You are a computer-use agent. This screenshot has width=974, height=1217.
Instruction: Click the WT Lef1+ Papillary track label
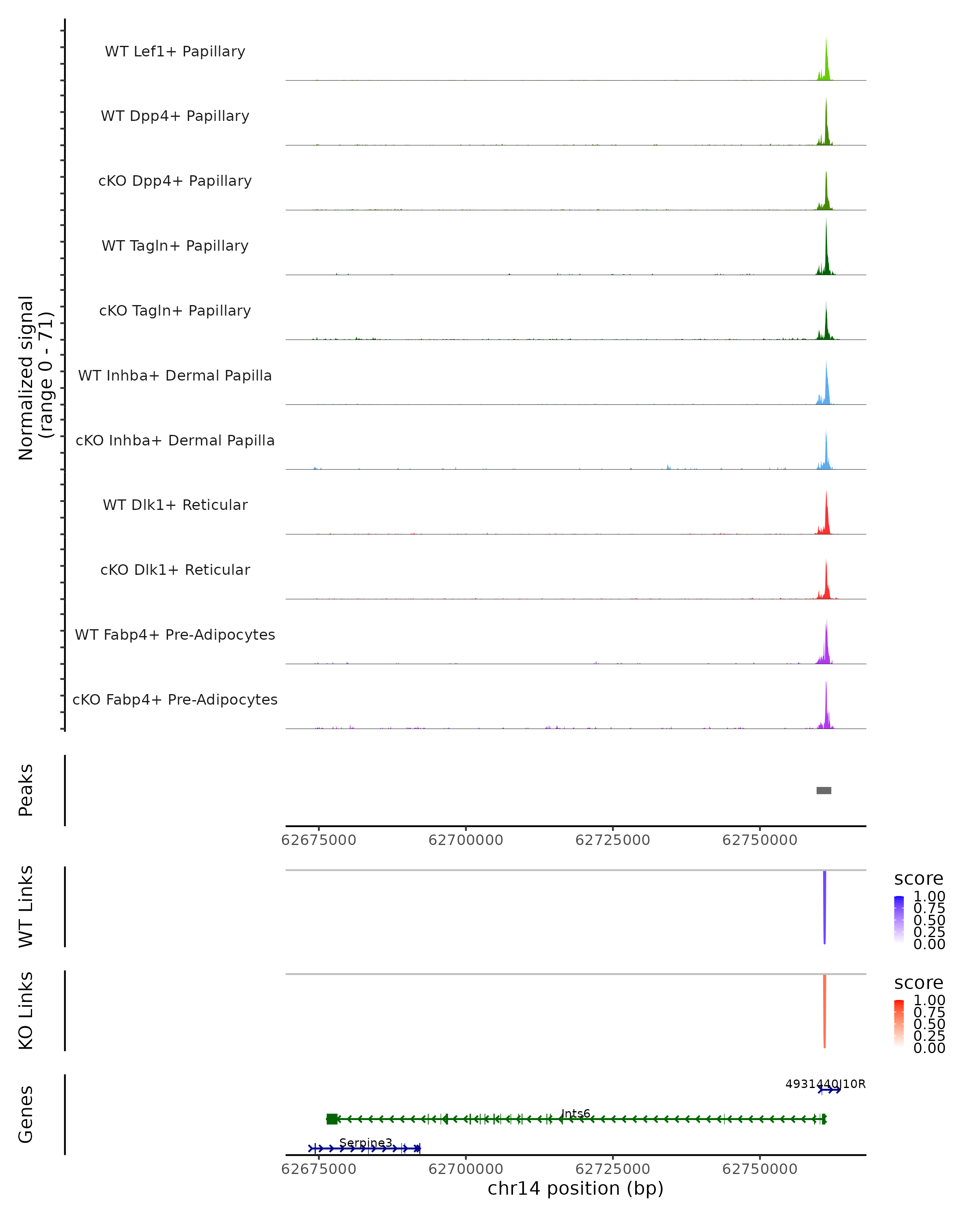175,52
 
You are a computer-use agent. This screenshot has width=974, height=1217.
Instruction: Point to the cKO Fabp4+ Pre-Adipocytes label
175,699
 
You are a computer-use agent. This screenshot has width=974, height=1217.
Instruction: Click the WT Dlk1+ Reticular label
175,505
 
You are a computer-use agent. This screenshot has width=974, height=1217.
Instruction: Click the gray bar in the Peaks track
824,790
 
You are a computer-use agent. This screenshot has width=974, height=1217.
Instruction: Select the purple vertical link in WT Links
824,906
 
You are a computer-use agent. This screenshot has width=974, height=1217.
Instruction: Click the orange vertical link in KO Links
824,1011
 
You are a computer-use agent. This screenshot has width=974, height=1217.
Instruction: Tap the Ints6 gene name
575,1114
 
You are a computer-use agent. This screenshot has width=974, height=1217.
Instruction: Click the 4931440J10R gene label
825,1084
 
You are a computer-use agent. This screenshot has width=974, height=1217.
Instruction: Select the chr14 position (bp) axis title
575,1188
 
